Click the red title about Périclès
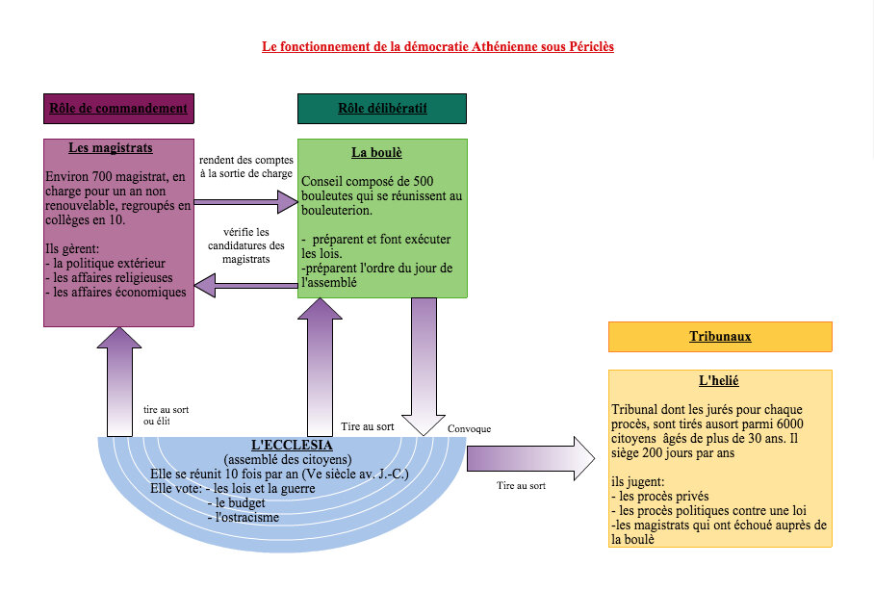438,47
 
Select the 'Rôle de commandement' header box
118,109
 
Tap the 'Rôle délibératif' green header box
382,109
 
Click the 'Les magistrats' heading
111,147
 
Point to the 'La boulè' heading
376,153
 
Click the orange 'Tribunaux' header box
720,337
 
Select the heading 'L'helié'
719,381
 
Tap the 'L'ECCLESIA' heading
292,445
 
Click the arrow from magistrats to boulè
245,202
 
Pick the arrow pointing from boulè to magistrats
245,286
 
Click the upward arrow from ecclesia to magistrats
119,382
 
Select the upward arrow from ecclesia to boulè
320,367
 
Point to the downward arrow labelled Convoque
424,367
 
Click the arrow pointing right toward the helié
530,458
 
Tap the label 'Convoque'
470,429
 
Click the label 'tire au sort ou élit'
167,416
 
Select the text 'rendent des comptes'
246,160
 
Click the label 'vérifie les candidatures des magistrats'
246,245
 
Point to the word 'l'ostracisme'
247,518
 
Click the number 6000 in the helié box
790,424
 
